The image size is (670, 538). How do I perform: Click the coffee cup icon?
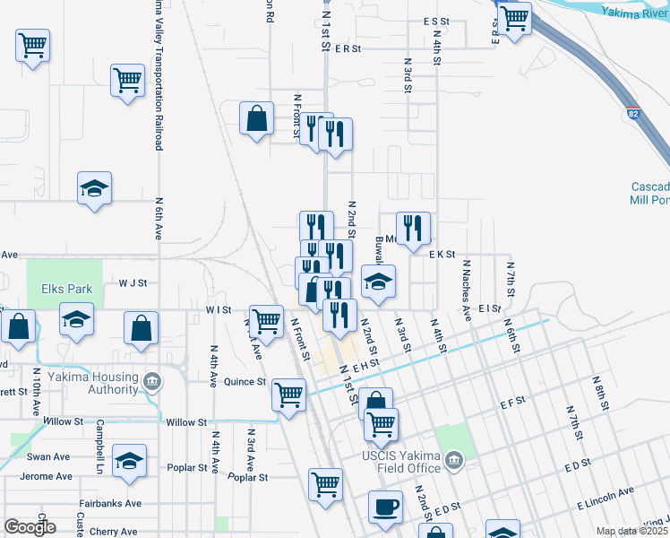pyautogui.click(x=385, y=507)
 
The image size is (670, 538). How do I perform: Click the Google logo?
pyautogui.click(x=30, y=526)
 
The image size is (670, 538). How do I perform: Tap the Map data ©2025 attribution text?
pyautogui.click(x=631, y=531)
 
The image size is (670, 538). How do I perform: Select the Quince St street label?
pyautogui.click(x=245, y=381)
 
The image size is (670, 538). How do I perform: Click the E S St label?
pyautogui.click(x=435, y=21)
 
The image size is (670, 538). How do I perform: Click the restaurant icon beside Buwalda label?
pyautogui.click(x=413, y=230)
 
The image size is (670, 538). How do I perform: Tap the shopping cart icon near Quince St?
pyautogui.click(x=288, y=395)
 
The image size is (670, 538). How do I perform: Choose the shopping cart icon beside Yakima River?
pyautogui.click(x=514, y=18)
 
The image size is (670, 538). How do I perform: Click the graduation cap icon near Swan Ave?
pyautogui.click(x=130, y=462)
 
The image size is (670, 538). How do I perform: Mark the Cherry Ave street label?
pyautogui.click(x=114, y=531)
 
